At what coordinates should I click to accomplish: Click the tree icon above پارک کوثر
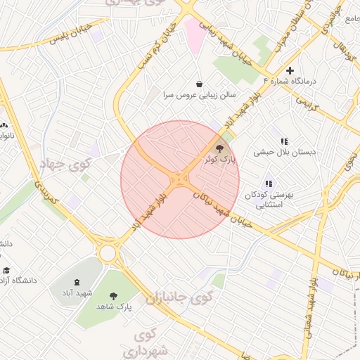[219, 148]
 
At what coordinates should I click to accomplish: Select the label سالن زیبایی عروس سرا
[200, 94]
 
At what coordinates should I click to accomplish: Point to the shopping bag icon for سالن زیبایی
[200, 83]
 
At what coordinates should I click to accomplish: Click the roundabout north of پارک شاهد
[108, 252]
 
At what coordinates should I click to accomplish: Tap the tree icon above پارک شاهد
[114, 296]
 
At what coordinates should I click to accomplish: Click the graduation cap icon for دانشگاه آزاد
[6, 270]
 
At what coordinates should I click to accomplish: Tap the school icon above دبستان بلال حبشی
[284, 141]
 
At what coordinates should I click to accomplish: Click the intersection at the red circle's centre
[180, 180]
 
